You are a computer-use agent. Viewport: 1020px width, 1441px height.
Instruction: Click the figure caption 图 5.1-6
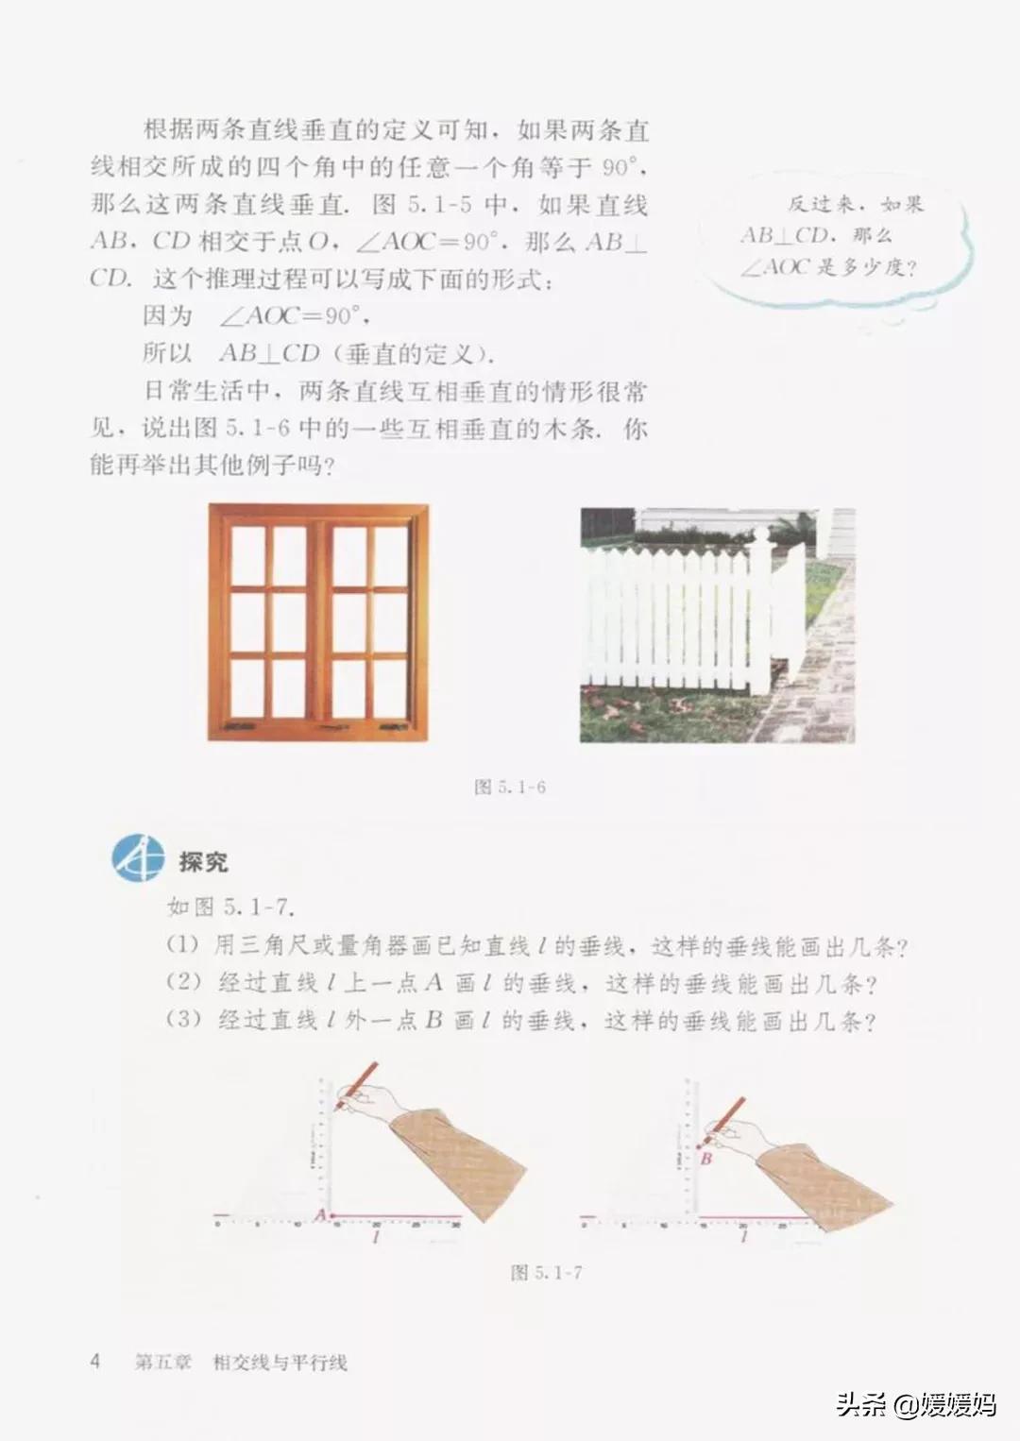(510, 787)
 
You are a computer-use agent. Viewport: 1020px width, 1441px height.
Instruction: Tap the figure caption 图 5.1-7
(546, 1273)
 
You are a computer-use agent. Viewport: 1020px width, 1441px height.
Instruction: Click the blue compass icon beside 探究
(139, 858)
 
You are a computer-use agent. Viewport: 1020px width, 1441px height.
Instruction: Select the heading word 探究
(203, 861)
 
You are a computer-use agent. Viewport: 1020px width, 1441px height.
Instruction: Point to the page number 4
(94, 1361)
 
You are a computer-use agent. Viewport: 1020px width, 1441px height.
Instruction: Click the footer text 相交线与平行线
(280, 1362)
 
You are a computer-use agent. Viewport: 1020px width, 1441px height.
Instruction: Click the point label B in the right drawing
(705, 1158)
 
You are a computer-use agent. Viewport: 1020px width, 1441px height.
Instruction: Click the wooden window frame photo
(319, 622)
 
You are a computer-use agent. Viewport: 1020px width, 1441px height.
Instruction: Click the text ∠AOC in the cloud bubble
(774, 267)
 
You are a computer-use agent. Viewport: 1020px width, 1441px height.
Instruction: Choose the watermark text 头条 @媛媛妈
(915, 1404)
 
